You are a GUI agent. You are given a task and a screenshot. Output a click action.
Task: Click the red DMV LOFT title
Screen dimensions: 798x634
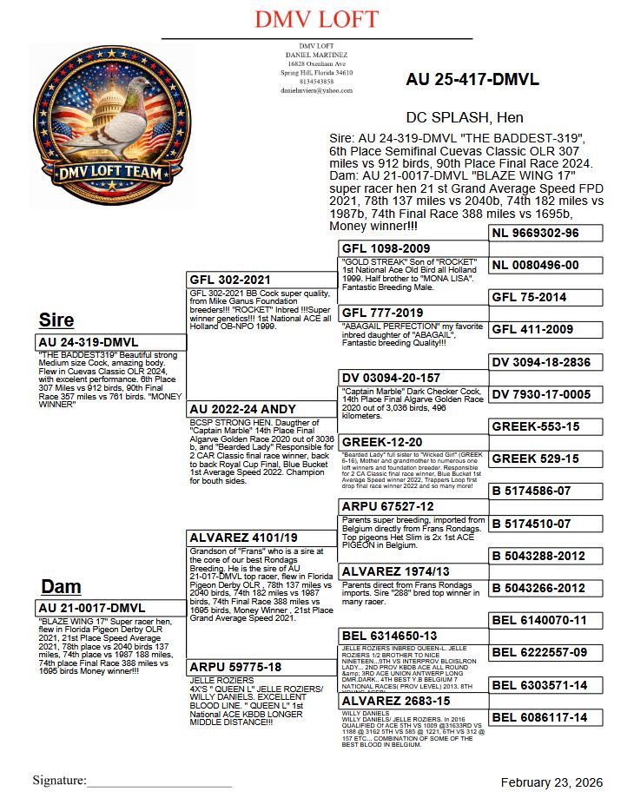(x=317, y=19)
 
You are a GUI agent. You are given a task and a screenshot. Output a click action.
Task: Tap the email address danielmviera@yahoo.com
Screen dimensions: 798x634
(x=316, y=90)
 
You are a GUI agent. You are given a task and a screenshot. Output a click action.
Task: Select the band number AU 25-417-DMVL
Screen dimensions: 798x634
(x=472, y=79)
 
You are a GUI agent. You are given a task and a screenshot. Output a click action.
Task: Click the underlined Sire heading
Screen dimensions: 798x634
(x=57, y=320)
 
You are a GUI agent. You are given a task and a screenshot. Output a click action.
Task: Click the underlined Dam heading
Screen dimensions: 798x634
(x=61, y=586)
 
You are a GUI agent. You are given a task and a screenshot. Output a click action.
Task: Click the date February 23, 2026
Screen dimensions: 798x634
(x=551, y=782)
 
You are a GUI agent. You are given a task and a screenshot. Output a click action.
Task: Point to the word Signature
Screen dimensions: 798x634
(x=59, y=781)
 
